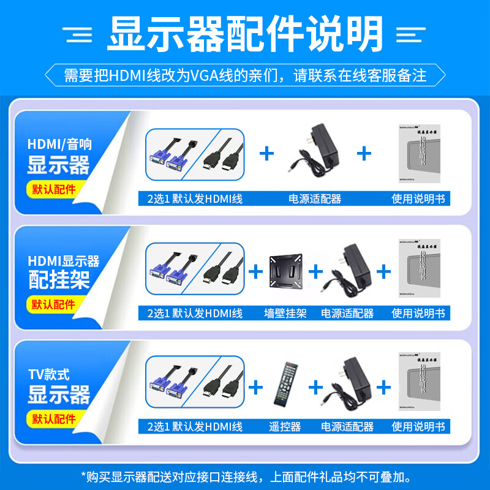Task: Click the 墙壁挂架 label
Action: coord(285,313)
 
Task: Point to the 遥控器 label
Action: coord(285,427)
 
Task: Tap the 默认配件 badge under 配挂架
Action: coord(54,304)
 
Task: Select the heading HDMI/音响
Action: coord(59,145)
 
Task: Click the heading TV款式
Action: coord(49,374)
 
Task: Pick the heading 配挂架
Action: coord(59,280)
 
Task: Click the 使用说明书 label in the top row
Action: coord(418,199)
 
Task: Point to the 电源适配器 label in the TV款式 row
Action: coord(347,427)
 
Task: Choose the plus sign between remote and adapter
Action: coord(315,387)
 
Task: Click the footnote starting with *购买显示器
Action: coord(245,475)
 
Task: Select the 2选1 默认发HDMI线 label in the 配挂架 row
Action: coord(195,313)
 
